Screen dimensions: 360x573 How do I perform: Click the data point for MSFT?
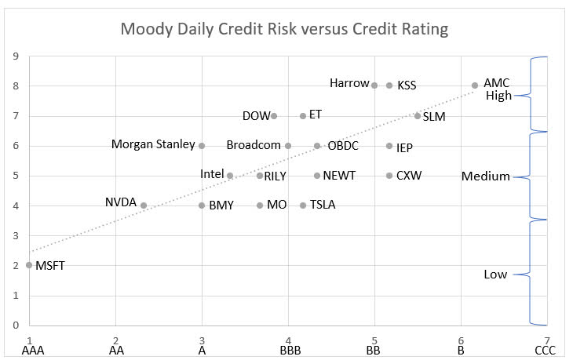click(x=29, y=265)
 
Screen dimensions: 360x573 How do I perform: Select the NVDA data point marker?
click(x=144, y=205)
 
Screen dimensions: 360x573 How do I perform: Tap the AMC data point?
click(x=475, y=85)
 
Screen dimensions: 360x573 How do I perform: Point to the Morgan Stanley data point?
click(x=202, y=145)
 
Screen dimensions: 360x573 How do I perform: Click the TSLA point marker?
click(x=303, y=205)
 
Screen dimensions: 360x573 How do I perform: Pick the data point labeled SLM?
click(x=418, y=115)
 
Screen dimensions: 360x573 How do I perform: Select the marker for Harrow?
click(x=374, y=85)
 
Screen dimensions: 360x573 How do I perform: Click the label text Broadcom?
click(x=254, y=145)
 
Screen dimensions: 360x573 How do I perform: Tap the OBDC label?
click(x=344, y=146)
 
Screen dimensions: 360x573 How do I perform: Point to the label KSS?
click(x=407, y=85)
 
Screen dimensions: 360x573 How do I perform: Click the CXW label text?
click(x=409, y=176)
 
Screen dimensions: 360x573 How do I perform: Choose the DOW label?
click(x=256, y=115)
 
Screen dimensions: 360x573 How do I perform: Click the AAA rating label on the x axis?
click(x=30, y=351)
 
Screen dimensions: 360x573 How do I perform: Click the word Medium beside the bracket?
click(x=486, y=176)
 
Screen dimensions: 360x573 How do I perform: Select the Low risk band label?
click(x=495, y=275)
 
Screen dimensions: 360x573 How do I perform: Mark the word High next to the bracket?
click(x=498, y=96)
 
